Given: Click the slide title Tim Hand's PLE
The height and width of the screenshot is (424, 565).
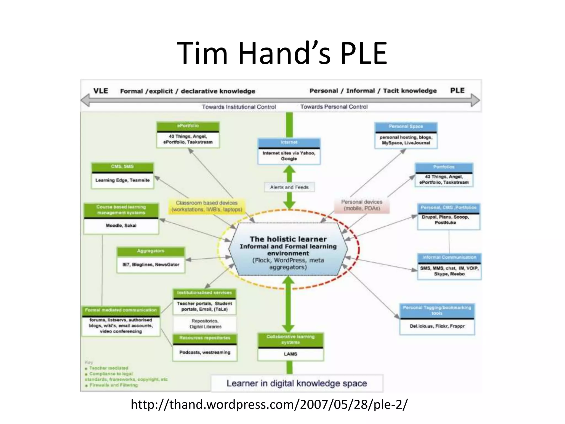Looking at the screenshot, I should coord(282,53).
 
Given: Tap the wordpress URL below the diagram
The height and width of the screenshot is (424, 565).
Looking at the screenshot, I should coord(269,404).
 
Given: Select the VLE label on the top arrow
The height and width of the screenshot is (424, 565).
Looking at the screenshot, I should coord(101,91).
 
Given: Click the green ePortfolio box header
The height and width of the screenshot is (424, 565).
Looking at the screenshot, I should coord(188,126).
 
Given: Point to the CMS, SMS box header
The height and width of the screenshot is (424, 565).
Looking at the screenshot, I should coord(122,166).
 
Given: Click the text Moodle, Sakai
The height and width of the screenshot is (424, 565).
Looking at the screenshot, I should coord(121,226).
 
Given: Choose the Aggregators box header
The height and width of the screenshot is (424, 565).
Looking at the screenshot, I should coord(151,251).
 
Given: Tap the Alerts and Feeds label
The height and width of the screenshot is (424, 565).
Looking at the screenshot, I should coord(289,187).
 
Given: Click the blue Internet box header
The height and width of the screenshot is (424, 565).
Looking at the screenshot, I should coord(289,142).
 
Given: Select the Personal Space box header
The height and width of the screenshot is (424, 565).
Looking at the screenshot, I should coord(406,126).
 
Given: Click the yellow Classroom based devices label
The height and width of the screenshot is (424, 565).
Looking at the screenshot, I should coord(207,206).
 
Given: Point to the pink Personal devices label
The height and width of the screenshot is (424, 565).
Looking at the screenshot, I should coord(362,205).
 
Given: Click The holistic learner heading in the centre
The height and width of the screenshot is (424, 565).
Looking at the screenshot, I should coord(288,239).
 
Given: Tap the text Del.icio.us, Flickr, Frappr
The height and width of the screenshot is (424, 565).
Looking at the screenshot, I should coord(437,326).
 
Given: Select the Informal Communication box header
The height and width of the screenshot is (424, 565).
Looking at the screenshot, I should coord(449,257).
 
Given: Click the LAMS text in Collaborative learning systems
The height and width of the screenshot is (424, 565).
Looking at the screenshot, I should coord(291,354).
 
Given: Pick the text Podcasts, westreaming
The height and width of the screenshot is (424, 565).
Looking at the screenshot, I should coord(205,352).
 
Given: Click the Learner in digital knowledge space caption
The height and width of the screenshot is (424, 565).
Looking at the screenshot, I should coord(297,383).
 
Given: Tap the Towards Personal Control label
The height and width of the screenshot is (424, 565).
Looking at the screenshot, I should coord(334,107).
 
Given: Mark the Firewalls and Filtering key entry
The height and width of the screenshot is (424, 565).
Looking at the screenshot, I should coord(113,385).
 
